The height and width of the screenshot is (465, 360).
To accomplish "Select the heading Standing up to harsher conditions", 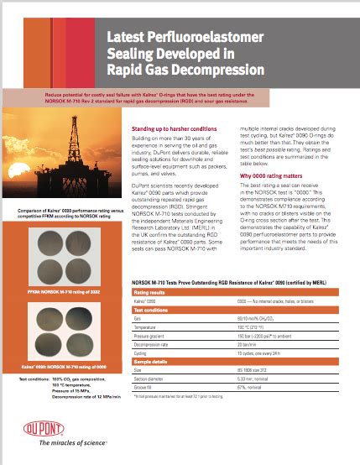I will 175,128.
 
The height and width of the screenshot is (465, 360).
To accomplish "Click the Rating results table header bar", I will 235,292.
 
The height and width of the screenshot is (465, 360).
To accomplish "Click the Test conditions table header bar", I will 235,310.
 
